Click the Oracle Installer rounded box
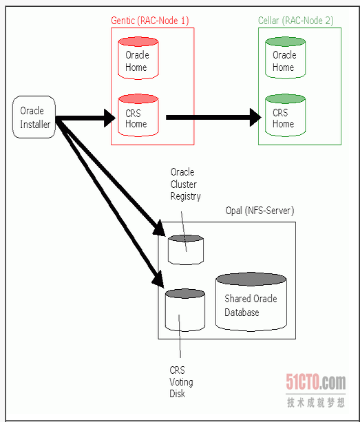point(34,117)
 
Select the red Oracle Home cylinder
point(138,58)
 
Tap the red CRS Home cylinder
point(138,115)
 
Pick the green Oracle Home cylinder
point(286,58)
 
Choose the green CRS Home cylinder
point(286,115)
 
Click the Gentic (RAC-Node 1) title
point(150,21)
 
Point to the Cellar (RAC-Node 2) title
point(296,21)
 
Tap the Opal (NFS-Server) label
point(260,211)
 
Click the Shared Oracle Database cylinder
point(251,302)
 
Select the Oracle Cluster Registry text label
point(185,184)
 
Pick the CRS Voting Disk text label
point(181,382)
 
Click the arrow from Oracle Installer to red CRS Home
point(85,118)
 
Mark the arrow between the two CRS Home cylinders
point(213,117)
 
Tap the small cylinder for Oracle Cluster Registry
point(186,250)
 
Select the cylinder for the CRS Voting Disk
point(185,310)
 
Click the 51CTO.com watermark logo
point(316,381)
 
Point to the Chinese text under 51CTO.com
point(316,403)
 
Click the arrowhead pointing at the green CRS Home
point(255,117)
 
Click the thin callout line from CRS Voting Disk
point(180,336)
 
